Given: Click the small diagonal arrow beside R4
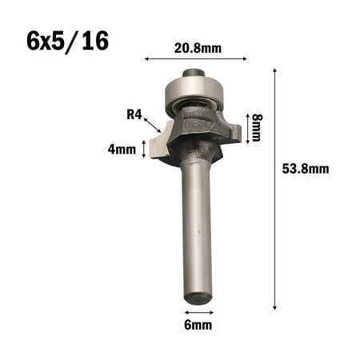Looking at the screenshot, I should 152,123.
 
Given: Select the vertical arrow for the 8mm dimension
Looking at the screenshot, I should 246,126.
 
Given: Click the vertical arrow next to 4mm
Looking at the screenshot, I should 144,148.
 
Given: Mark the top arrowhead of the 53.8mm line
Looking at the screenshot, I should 276,71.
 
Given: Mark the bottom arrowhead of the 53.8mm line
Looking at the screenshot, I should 276,306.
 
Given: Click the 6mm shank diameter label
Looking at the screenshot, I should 197,326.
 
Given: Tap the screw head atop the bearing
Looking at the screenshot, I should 194,73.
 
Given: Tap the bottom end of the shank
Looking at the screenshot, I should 198,298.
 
